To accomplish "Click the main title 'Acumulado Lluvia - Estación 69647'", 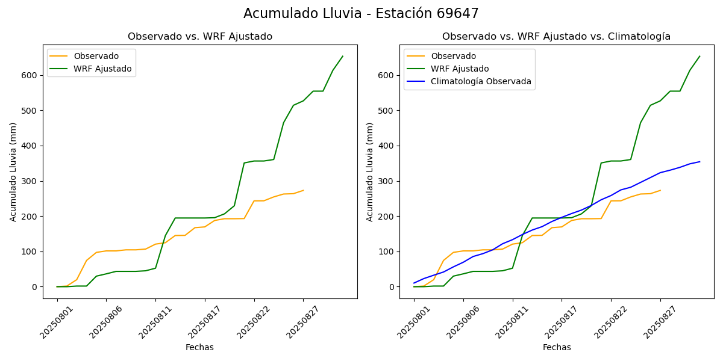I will pyautogui.click(x=361, y=14).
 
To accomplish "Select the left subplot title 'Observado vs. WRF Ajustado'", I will pyautogui.click(x=199, y=37).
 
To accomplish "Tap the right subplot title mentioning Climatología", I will pyautogui.click(x=556, y=37).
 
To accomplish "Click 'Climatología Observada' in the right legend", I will pyautogui.click(x=481, y=82).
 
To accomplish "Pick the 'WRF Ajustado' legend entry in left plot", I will pyautogui.click(x=102, y=69).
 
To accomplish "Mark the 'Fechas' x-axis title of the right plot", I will pyautogui.click(x=557, y=348).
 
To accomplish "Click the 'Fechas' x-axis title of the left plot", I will pyautogui.click(x=199, y=348).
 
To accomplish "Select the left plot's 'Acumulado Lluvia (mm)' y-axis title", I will pyautogui.click(x=13, y=171).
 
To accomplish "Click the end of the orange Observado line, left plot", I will pyautogui.click(x=303, y=190).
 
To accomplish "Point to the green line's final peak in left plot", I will pyautogui.click(x=343, y=57).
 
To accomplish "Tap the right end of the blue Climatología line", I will pyautogui.click(x=700, y=161).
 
